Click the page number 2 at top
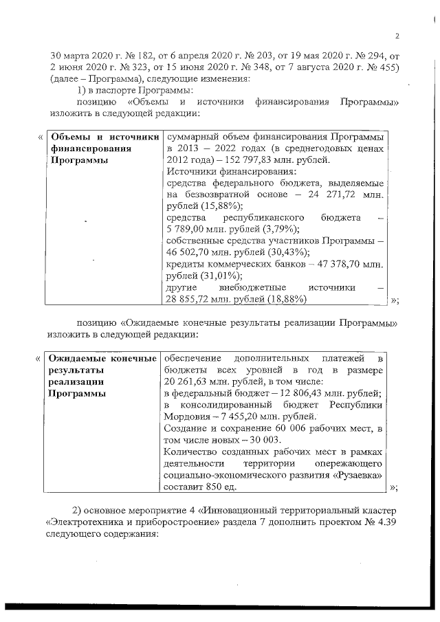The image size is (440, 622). (x=397, y=36)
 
